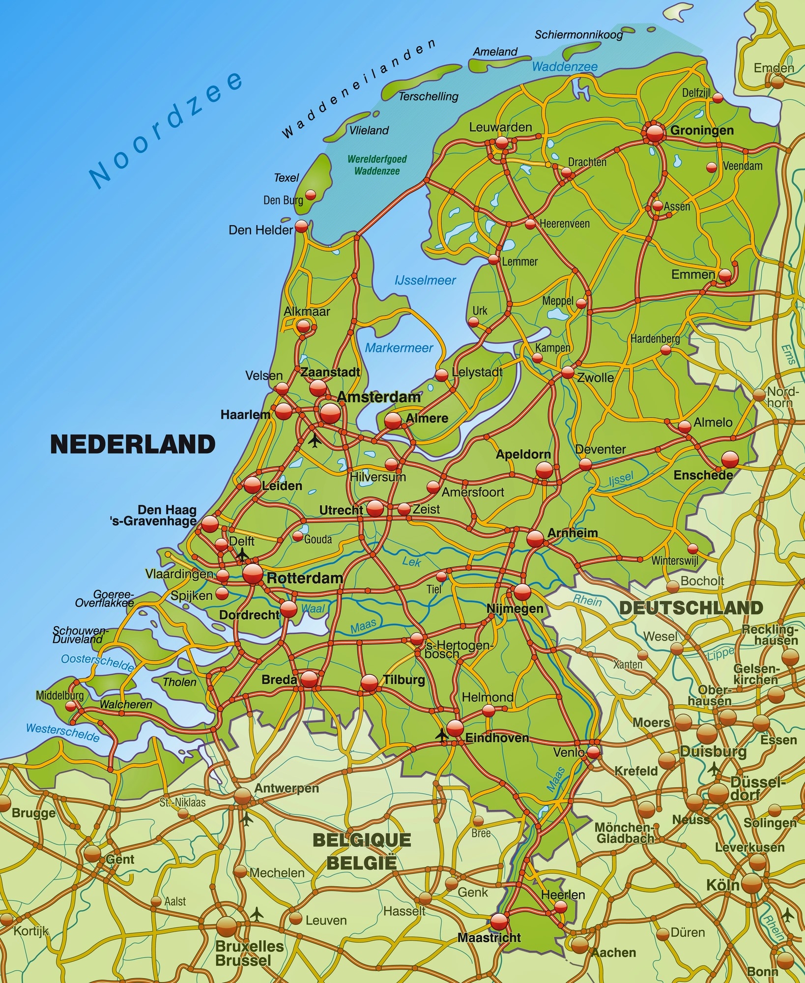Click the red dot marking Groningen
tap(655, 132)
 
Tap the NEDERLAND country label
tap(133, 444)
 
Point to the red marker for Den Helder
tap(301, 227)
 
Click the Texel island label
tap(287, 177)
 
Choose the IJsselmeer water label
tap(425, 280)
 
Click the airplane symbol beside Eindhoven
tap(442, 735)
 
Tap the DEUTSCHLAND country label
tap(690, 608)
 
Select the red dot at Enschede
tap(730, 459)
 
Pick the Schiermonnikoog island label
tap(578, 34)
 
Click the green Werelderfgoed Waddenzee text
tap(377, 165)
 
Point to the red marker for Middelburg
tap(71, 706)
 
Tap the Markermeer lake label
tap(399, 348)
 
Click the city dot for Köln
tap(751, 884)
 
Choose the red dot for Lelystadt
tap(442, 375)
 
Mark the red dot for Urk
tap(473, 322)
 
